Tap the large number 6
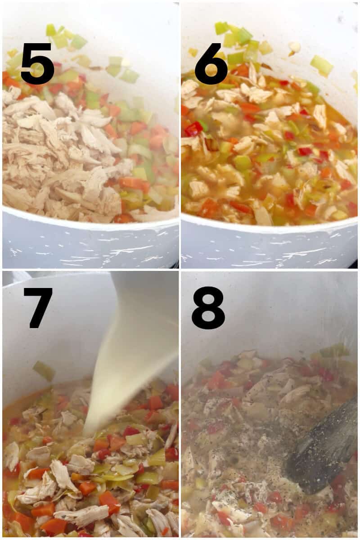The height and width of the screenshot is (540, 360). (211, 64)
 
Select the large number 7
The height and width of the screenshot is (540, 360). (38, 307)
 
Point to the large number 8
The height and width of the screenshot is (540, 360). (208, 308)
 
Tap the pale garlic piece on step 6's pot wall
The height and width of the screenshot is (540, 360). (295, 47)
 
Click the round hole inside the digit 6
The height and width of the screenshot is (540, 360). (211, 72)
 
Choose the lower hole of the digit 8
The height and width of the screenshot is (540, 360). (208, 317)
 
